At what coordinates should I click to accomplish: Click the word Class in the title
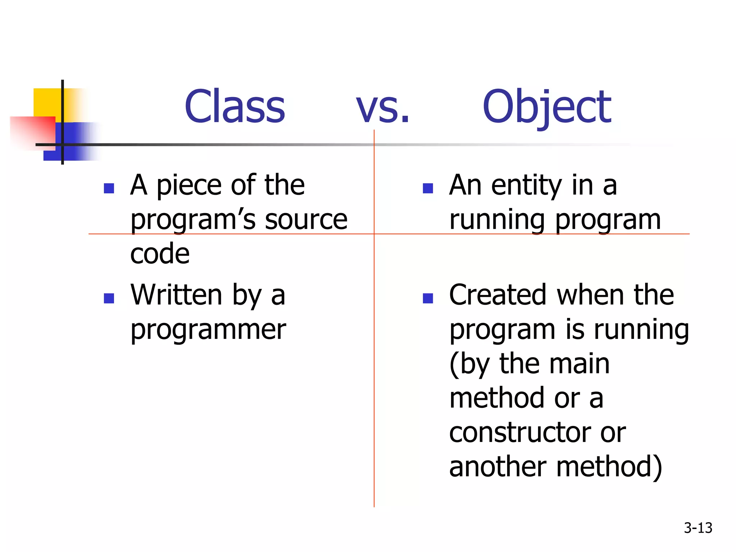tap(235, 107)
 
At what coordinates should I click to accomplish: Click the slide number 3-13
tap(698, 528)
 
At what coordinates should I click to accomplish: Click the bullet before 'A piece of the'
tap(109, 188)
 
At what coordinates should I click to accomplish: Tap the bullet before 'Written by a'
tap(109, 298)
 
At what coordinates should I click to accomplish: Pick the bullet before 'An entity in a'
tap(428, 188)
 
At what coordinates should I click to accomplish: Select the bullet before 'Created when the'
tap(428, 298)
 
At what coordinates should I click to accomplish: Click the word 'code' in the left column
tap(160, 253)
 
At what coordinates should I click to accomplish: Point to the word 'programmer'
tap(208, 330)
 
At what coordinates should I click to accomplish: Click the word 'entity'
tap(526, 186)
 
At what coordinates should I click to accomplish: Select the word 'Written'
tap(176, 295)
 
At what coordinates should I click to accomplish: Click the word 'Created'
tap(498, 295)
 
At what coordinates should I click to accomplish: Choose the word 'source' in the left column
tap(306, 220)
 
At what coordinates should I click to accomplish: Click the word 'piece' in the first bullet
tap(189, 186)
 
